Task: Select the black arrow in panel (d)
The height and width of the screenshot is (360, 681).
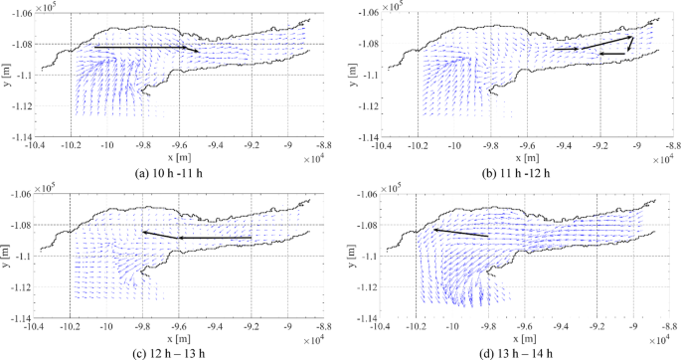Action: (x=459, y=232)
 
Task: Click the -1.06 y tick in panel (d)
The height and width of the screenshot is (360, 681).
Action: (x=361, y=194)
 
